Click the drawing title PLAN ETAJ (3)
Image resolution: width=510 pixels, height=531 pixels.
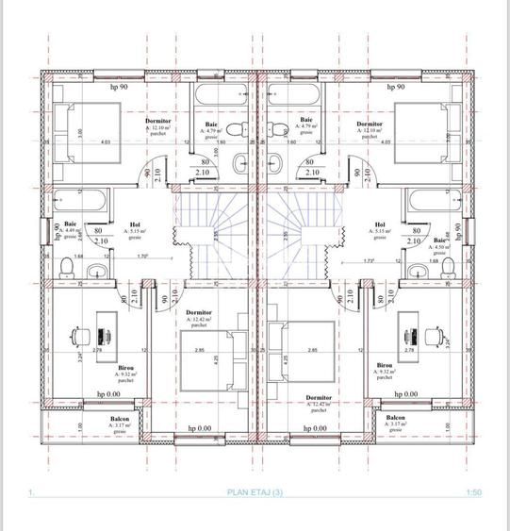coord(255,492)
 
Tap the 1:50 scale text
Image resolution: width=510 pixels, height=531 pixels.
coord(473,492)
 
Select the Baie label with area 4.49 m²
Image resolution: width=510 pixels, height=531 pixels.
coord(70,224)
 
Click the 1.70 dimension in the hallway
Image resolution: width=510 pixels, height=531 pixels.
coord(142,256)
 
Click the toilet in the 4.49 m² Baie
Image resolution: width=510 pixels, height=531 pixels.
coord(64,271)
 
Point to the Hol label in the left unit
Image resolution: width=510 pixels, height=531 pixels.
coord(134,224)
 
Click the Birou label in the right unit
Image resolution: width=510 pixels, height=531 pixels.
coord(386,365)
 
